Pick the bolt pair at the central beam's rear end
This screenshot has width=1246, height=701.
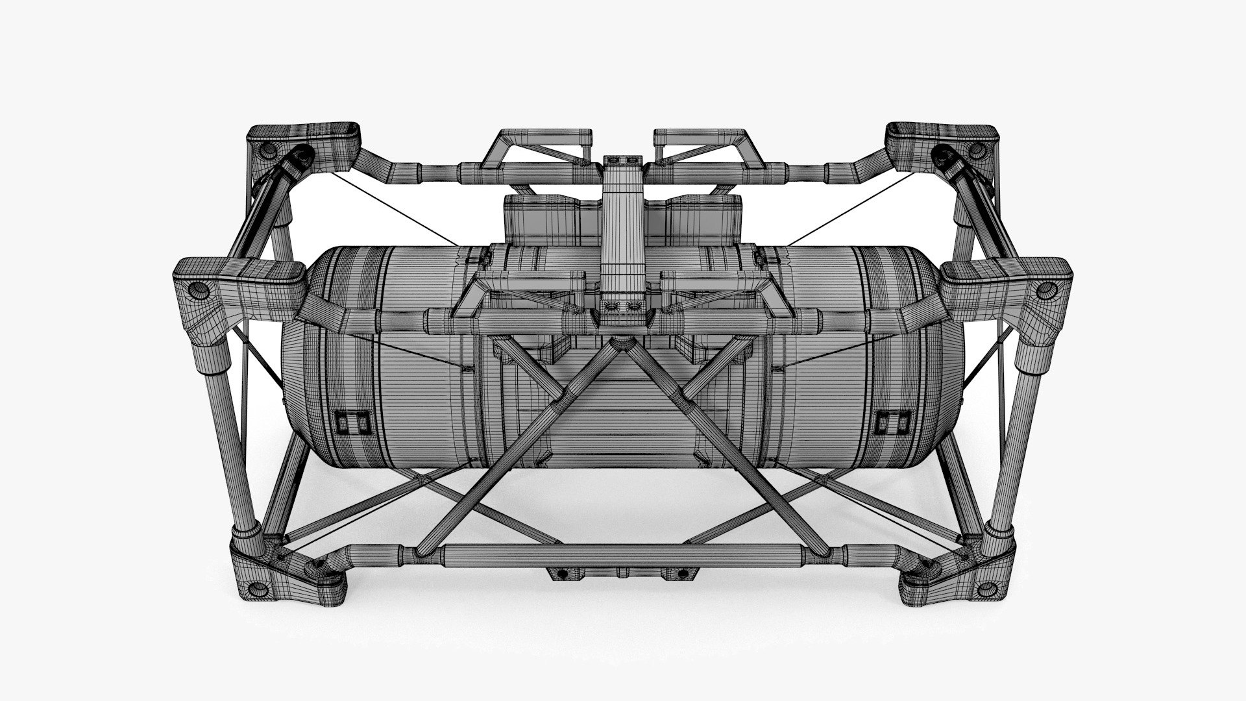[x=622, y=160]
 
